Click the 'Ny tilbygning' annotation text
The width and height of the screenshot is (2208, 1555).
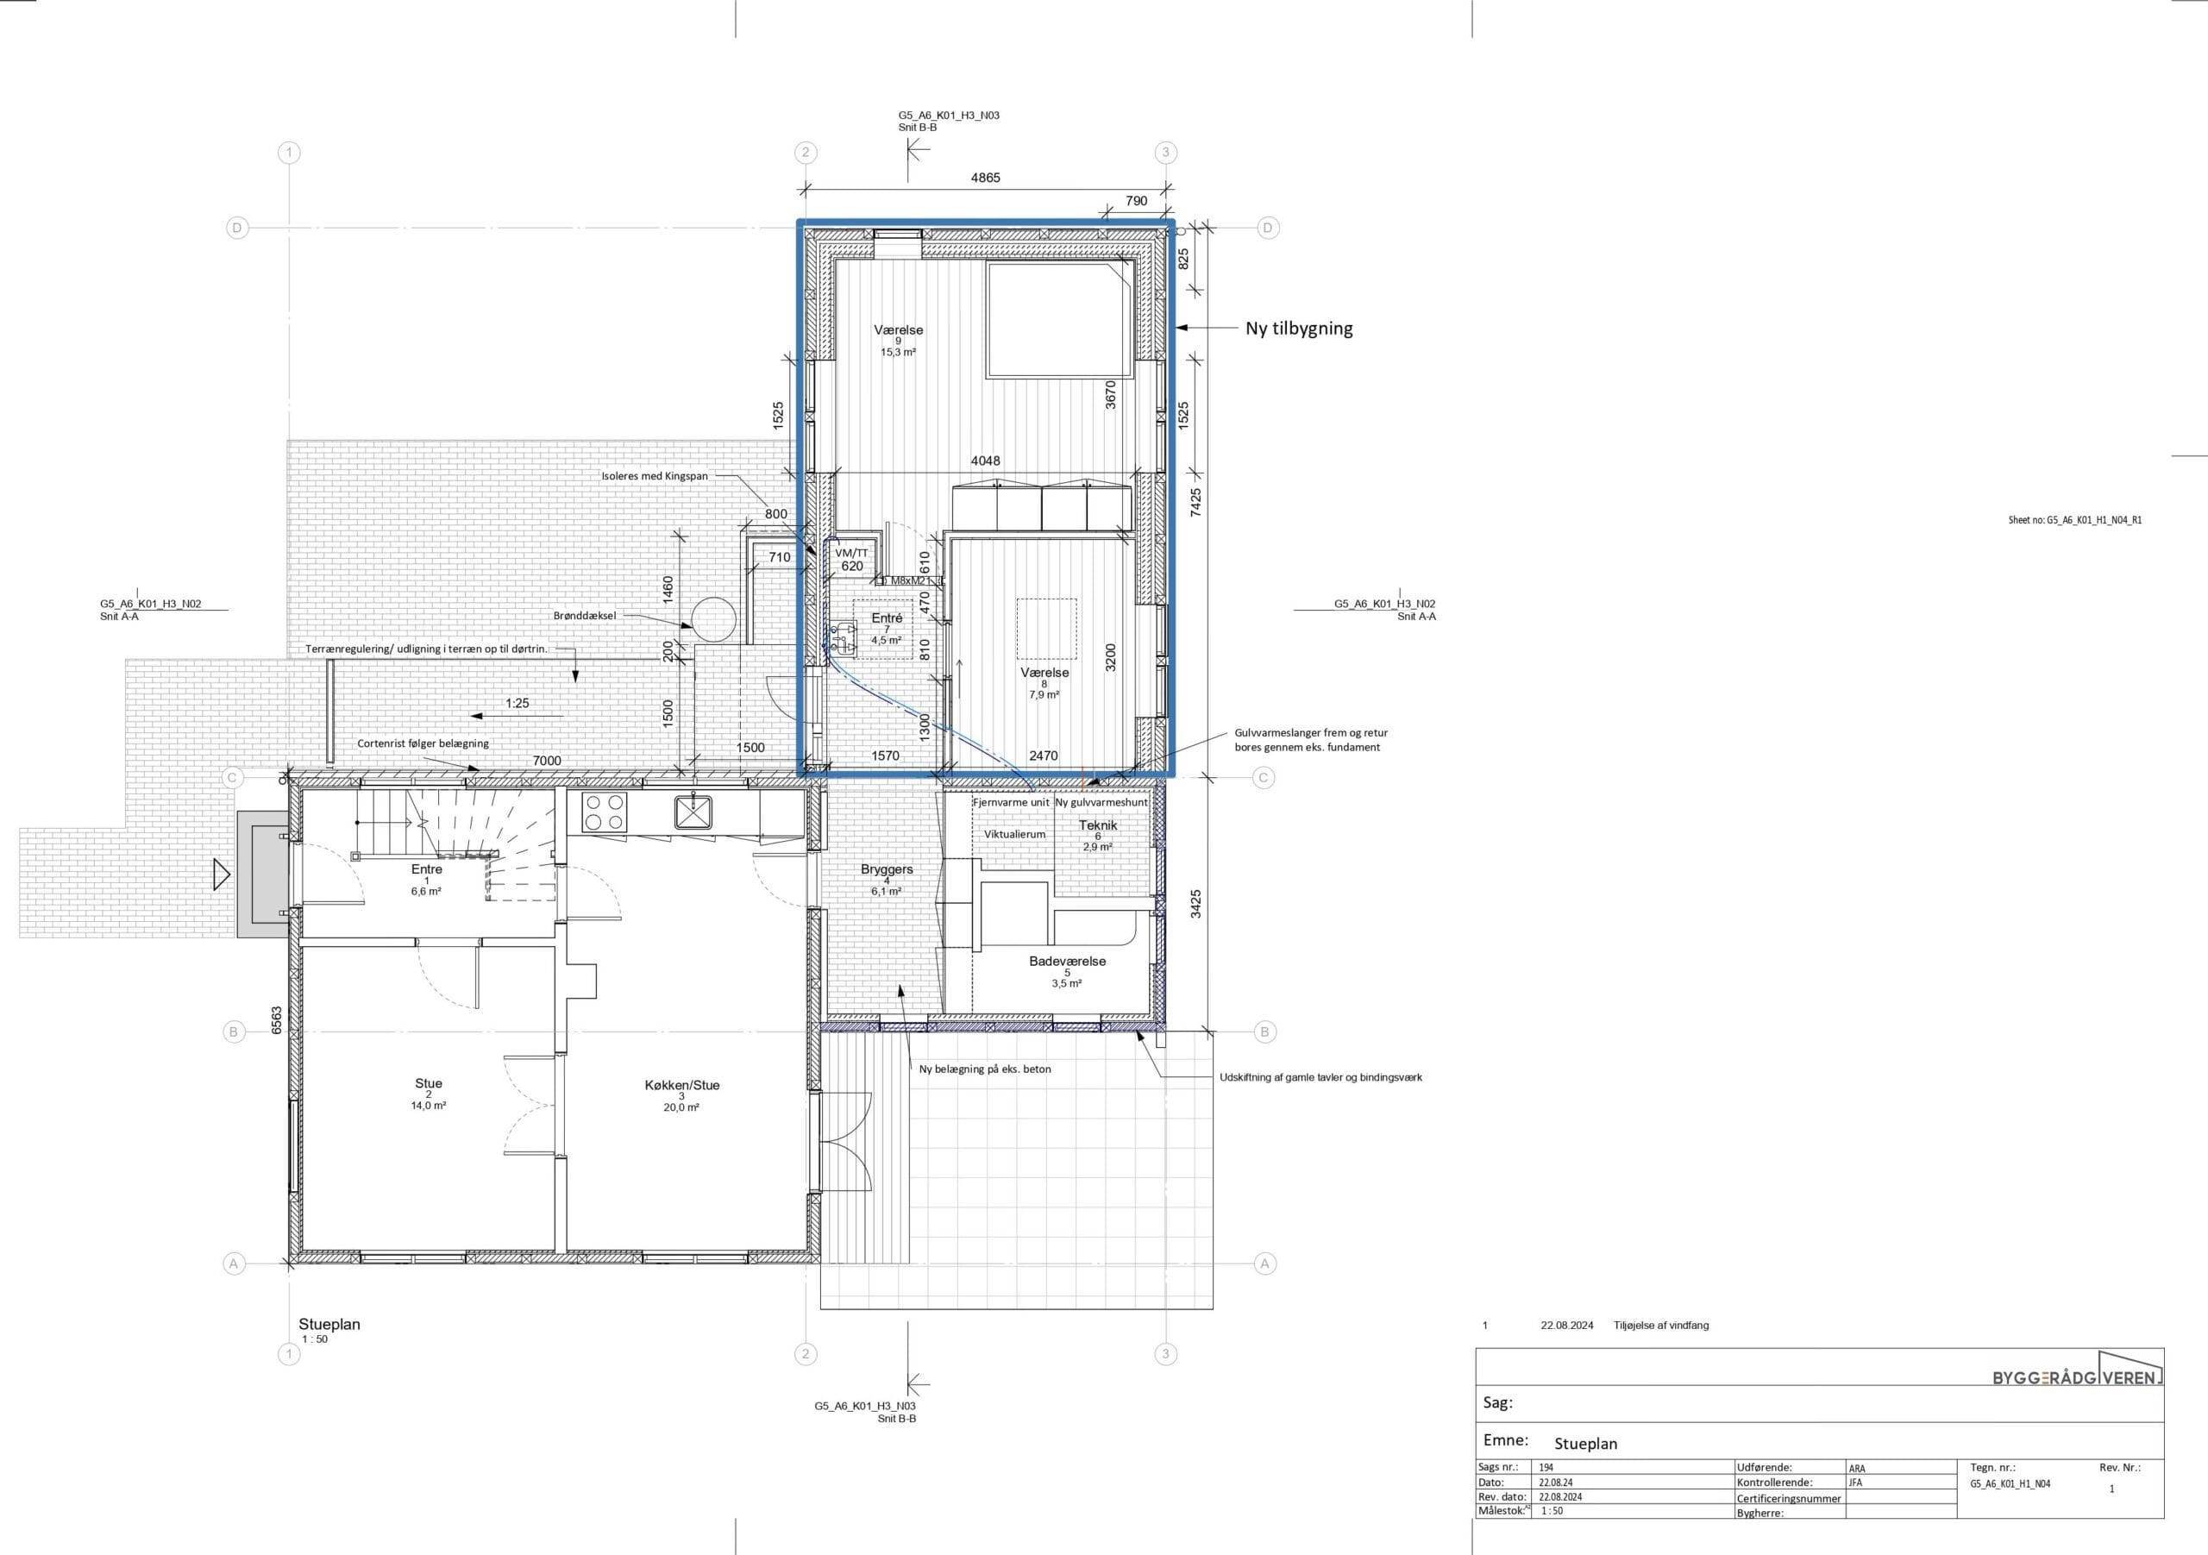pos(1298,328)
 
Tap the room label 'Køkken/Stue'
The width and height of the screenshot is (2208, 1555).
pos(682,1085)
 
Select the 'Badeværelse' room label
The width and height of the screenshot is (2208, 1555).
pos(1068,961)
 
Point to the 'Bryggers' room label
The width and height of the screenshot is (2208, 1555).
pos(887,869)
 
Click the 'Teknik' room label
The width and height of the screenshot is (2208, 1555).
pos(1097,825)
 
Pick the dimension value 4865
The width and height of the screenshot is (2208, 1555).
pos(985,178)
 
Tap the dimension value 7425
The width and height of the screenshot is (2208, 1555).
pos(1195,503)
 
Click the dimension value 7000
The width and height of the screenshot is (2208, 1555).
pos(547,761)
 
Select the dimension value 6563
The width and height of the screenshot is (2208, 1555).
pos(277,1020)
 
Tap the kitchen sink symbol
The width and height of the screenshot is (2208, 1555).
pos(693,812)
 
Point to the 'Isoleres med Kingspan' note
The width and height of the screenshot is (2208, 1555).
pos(655,476)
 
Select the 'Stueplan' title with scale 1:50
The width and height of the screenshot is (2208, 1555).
pos(329,1330)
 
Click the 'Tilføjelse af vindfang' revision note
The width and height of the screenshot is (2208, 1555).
pos(1662,1326)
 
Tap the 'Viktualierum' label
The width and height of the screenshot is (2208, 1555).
pos(1014,834)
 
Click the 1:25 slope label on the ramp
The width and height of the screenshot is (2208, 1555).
pos(517,703)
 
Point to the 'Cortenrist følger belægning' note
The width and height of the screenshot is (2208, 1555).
pos(423,743)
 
